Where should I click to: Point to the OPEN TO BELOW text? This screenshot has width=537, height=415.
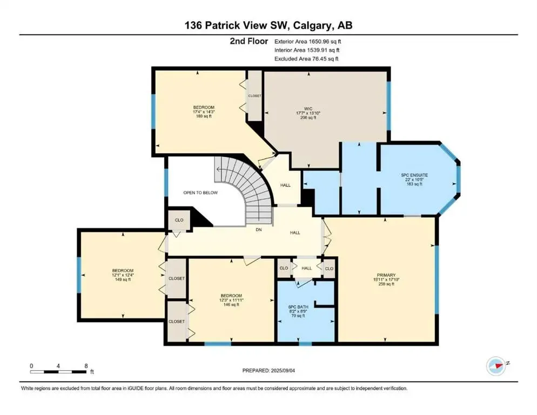(x=200, y=192)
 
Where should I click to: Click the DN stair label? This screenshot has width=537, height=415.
(x=258, y=229)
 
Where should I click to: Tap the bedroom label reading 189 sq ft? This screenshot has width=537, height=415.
(x=204, y=112)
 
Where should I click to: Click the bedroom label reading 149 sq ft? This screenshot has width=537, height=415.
(x=123, y=275)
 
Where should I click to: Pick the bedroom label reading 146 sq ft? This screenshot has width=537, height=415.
(x=231, y=300)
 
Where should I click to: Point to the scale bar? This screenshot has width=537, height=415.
(x=59, y=371)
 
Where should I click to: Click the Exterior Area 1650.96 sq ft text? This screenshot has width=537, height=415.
(x=308, y=41)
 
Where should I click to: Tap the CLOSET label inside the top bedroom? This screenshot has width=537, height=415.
(x=254, y=96)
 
